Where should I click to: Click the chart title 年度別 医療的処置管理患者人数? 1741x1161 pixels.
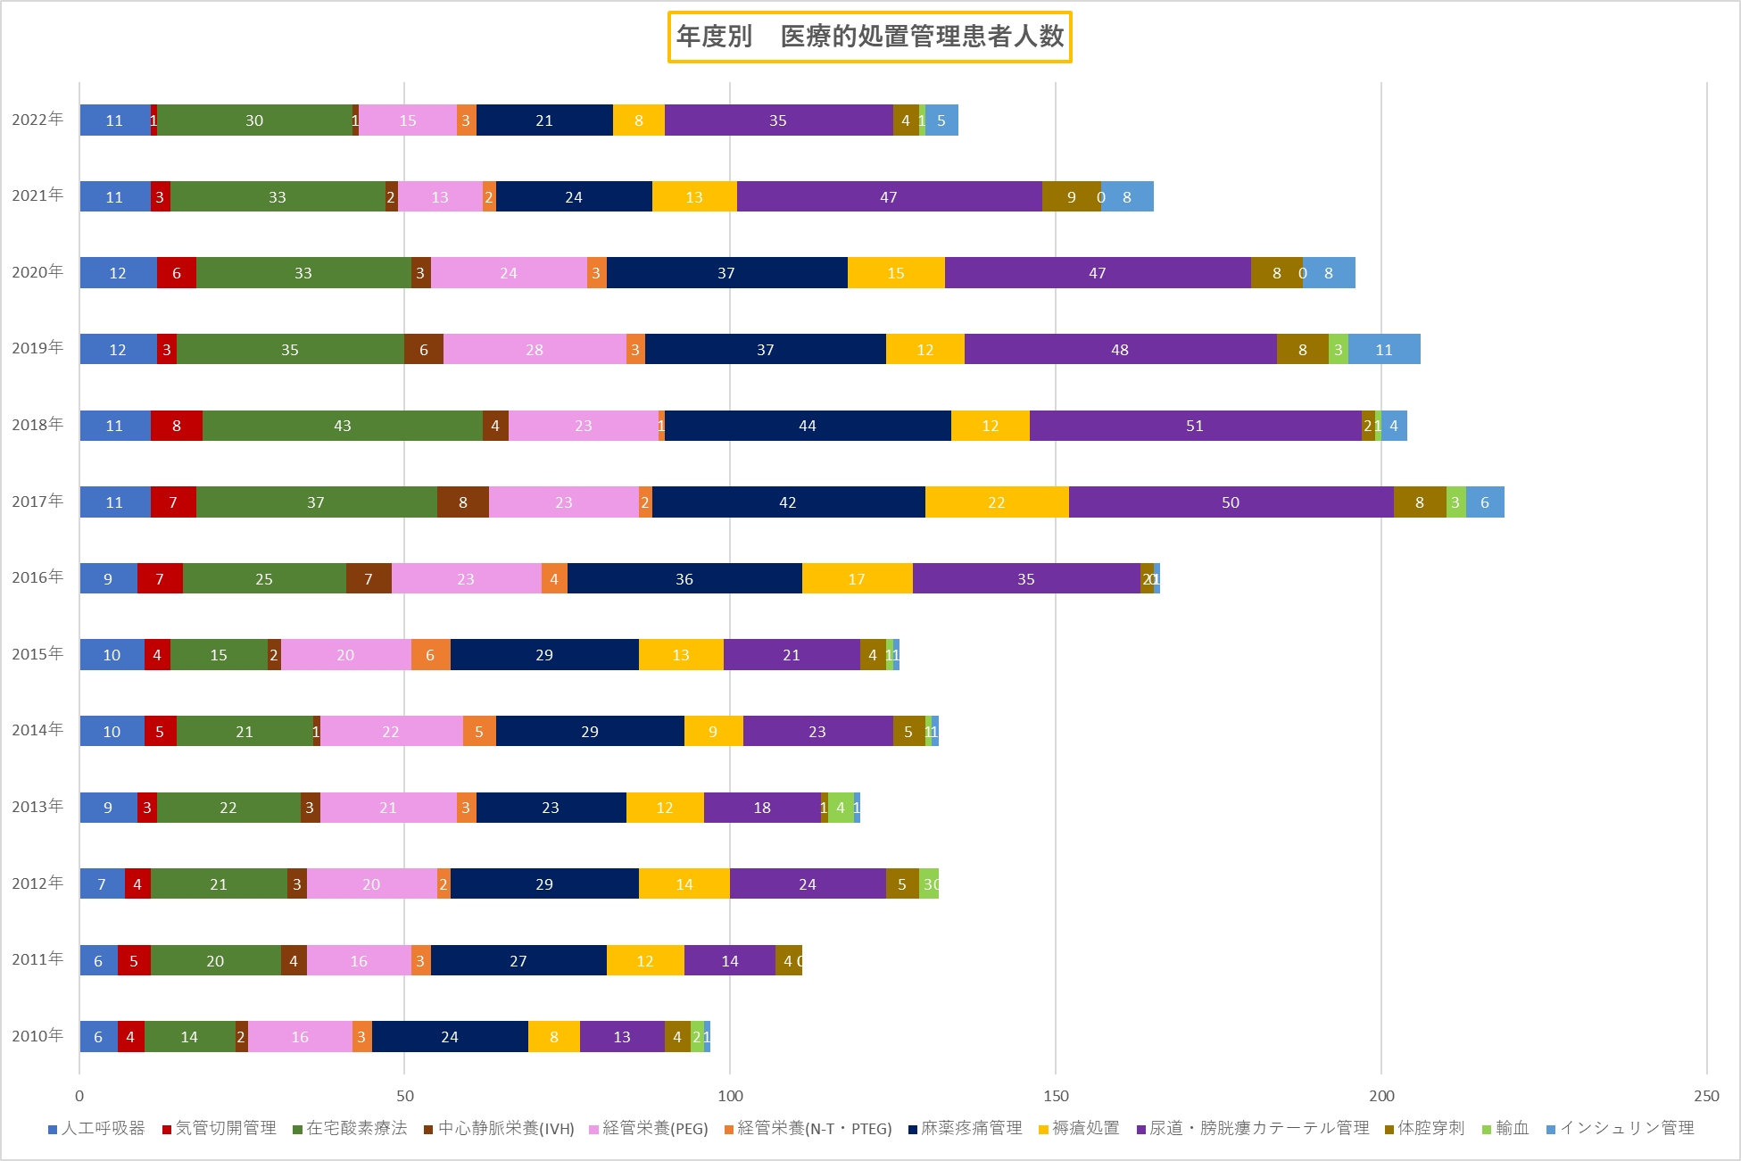click(869, 37)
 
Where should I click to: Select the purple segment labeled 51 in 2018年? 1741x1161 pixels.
click(1195, 426)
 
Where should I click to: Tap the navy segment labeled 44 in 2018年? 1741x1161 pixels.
click(808, 426)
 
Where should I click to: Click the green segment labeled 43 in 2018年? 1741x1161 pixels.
click(342, 426)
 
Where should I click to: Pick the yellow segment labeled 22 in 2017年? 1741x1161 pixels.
click(997, 502)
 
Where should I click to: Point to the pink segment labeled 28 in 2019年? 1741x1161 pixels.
click(535, 350)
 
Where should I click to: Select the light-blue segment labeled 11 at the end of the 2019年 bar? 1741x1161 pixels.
click(1384, 350)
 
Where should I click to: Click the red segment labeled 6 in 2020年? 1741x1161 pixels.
click(177, 273)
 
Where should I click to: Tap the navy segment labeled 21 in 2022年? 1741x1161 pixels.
click(544, 120)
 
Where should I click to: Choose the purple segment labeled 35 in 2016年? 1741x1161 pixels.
click(1026, 579)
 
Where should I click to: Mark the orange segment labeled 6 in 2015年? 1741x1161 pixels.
click(430, 655)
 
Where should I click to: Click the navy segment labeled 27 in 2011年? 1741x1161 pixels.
click(518, 961)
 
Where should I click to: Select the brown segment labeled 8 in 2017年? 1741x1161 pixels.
click(463, 502)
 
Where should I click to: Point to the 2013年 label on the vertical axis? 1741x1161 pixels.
click(37, 807)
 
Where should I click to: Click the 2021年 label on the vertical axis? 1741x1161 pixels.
click(37, 195)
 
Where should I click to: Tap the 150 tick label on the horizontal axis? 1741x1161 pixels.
click(1056, 1096)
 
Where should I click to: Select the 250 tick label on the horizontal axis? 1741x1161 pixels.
click(1705, 1096)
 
